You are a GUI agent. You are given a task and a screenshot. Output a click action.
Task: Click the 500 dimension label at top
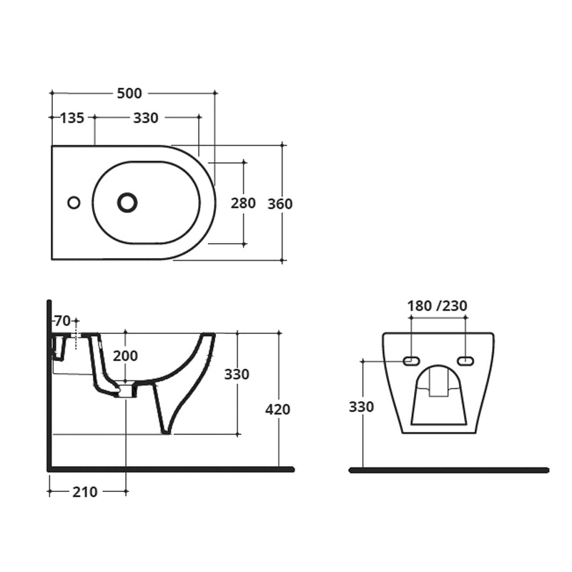coord(130,93)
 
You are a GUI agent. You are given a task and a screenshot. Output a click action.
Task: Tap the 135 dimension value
coord(71,118)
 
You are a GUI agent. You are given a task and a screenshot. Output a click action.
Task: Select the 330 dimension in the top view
coord(145,118)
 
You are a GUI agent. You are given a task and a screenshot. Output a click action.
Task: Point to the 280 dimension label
coord(243,203)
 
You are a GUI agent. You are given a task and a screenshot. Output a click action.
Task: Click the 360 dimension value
coord(280,204)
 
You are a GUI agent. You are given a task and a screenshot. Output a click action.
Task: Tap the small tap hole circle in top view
coord(74,202)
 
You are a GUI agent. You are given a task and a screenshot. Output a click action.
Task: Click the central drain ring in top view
coord(127,202)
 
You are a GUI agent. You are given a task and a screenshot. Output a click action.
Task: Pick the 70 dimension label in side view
coord(62,320)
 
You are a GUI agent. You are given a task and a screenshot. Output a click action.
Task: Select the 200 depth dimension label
coord(125,355)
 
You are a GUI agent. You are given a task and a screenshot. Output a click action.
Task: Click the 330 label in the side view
coord(237,374)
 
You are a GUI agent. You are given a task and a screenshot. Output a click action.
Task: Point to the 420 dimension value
coord(277,409)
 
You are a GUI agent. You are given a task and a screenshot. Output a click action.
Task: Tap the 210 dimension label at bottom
coord(85,491)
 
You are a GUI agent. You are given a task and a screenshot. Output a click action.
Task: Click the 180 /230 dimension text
coord(437,305)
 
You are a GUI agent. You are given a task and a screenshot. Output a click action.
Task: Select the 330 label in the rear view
coord(361,407)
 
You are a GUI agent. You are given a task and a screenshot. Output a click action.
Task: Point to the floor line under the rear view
coord(448,470)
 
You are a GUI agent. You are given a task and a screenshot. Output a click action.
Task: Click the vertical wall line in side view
coord(49,386)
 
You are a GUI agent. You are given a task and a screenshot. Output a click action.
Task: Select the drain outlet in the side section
coord(126,390)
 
